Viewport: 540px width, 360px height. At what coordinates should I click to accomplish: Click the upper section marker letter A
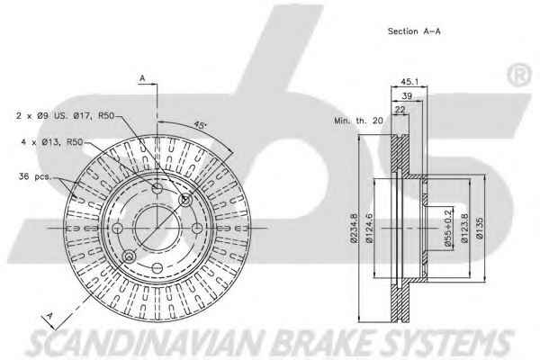pos(142,79)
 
